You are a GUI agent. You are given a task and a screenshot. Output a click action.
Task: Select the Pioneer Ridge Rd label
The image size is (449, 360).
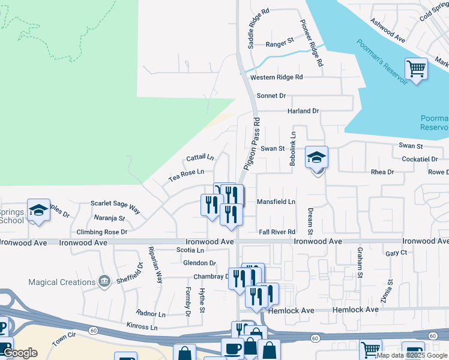pos(312,42)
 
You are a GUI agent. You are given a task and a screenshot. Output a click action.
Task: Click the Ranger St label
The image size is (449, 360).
pos(279,44)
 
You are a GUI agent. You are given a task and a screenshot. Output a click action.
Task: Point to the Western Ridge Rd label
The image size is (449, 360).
pos(277,77)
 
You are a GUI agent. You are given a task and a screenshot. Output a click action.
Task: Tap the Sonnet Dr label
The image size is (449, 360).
pos(271,96)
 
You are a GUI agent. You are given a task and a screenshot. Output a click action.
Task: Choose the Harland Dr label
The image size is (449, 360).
pos(303,111)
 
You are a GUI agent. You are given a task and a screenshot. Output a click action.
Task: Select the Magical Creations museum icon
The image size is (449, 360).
pos(104,281)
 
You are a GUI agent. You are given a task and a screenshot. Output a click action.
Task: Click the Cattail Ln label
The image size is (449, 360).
pos(200,158)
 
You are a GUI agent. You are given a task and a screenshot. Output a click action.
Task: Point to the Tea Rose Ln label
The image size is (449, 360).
pos(186,175)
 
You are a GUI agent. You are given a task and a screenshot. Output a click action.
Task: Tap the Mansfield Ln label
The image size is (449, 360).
pos(276,202)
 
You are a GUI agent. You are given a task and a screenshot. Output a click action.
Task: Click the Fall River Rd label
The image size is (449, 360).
pos(277,232)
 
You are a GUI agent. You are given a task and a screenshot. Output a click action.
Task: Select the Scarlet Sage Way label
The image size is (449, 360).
pos(115,207)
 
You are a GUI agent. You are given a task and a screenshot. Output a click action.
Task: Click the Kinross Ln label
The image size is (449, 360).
pos(142,328)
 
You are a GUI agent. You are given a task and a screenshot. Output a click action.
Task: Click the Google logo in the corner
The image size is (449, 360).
pos(20,353)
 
